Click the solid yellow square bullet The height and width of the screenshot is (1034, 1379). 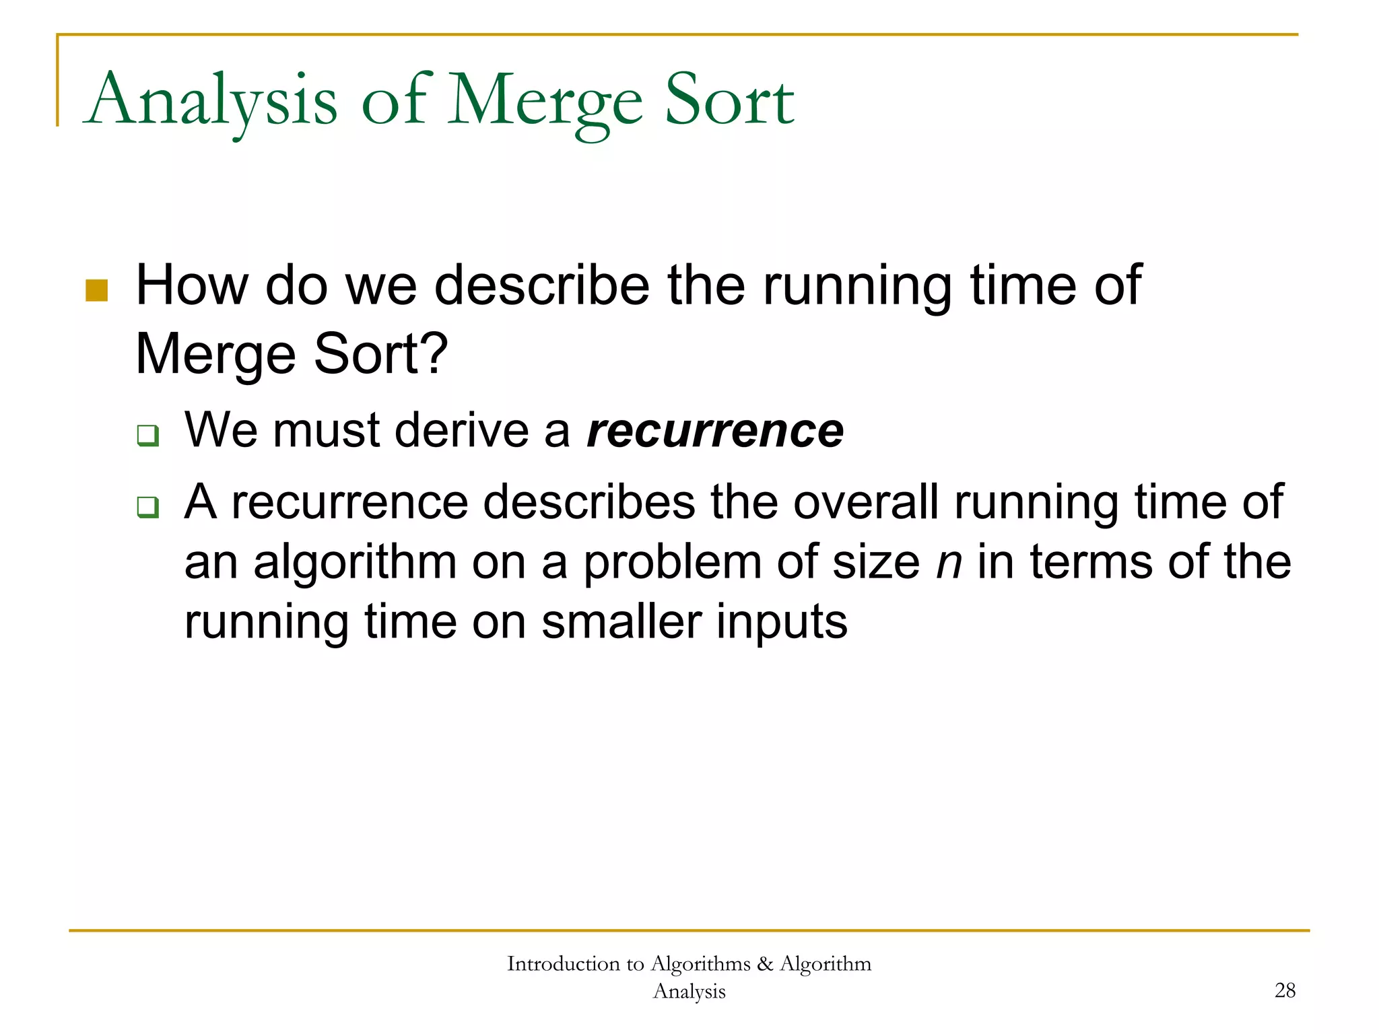click(97, 291)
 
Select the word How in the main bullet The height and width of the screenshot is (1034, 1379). click(192, 286)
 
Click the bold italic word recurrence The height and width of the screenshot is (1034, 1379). click(715, 431)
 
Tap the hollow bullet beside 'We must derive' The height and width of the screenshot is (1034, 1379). click(147, 436)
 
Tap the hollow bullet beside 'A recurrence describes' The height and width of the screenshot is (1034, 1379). click(147, 507)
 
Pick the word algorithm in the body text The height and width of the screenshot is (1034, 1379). click(355, 563)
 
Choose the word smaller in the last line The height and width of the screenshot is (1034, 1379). click(621, 622)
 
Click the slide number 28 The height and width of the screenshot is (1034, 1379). click(1285, 990)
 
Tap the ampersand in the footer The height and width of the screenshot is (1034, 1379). click(764, 964)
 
